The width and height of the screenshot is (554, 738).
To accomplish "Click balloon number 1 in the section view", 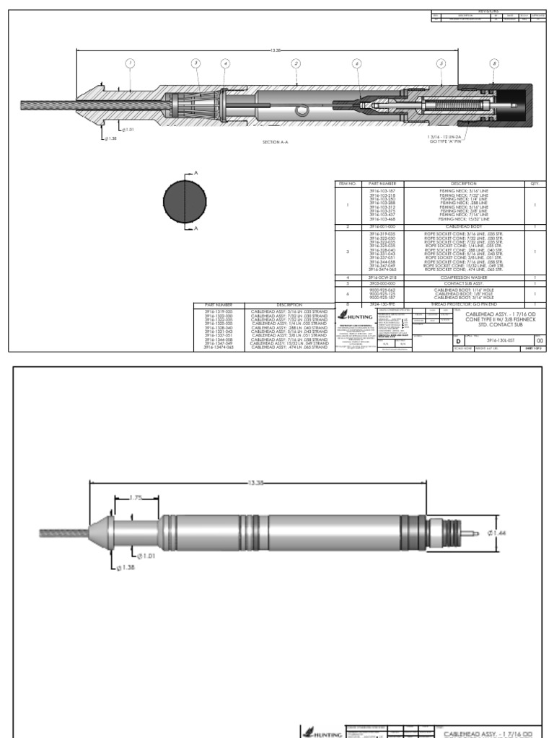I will click(x=130, y=63).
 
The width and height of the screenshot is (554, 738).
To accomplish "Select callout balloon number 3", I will click(x=195, y=63).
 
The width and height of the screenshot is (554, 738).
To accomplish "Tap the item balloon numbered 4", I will click(x=225, y=63).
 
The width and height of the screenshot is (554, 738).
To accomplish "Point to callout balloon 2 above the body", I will click(x=296, y=63).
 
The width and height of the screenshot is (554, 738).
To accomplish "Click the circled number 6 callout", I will click(x=356, y=63).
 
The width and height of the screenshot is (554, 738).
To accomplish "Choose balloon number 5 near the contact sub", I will click(x=440, y=63).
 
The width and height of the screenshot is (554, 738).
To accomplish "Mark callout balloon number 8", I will click(x=493, y=63).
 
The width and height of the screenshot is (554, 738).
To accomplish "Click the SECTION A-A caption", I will click(x=276, y=142).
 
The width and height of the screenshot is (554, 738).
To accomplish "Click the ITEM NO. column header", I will click(x=348, y=184).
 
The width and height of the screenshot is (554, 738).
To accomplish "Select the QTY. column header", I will click(x=535, y=184).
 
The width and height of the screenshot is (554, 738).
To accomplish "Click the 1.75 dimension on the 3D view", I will click(x=136, y=497).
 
